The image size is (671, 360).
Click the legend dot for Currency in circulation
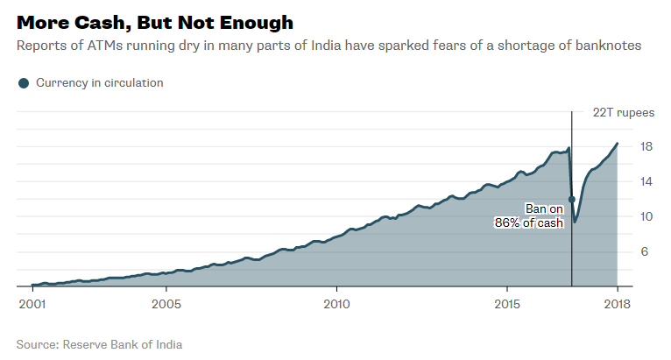click(24, 83)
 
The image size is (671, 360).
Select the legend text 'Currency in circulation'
click(99, 83)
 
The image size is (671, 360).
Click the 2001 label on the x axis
click(32, 303)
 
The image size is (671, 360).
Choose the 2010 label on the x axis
click(336, 303)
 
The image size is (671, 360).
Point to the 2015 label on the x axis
click(507, 303)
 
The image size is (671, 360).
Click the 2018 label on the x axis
click(617, 303)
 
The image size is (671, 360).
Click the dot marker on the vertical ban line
click(572, 200)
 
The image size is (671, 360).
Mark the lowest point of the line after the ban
click(576, 222)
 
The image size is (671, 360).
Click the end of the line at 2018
click(618, 143)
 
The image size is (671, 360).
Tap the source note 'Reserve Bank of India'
click(123, 344)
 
